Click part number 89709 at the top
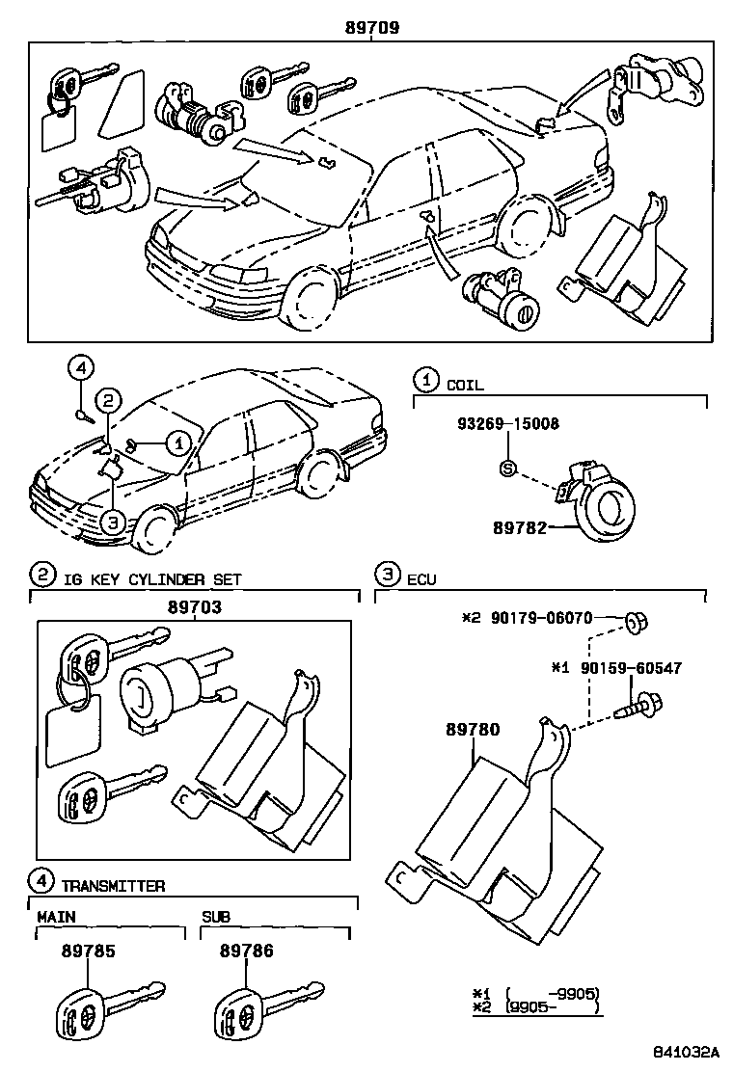[x=372, y=29]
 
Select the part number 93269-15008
[x=508, y=423]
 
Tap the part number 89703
[x=194, y=607]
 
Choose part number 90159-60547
[x=630, y=667]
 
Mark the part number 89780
[x=473, y=731]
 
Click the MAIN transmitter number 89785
[x=88, y=951]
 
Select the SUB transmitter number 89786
[x=246, y=951]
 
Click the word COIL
[x=465, y=385]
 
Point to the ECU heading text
[x=421, y=579]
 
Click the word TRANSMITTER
[x=113, y=885]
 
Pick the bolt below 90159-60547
[x=639, y=704]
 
